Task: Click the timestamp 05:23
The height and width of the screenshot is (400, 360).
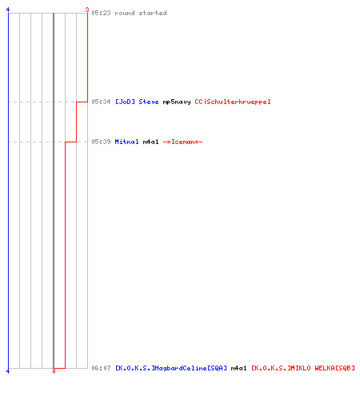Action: tap(101, 13)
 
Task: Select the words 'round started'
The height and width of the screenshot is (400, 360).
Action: tap(141, 13)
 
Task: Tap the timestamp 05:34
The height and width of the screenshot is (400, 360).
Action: tap(101, 102)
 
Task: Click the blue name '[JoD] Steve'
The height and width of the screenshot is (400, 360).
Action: tap(137, 102)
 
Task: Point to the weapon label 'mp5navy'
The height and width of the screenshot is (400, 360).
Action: tap(177, 102)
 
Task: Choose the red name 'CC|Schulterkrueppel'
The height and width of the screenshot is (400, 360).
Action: tap(233, 102)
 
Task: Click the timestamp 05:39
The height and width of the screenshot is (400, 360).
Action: tap(101, 142)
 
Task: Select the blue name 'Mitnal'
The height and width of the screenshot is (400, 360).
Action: tap(126, 142)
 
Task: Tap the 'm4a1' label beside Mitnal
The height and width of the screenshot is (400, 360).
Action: tap(151, 142)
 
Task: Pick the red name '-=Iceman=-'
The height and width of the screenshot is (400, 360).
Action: tap(183, 142)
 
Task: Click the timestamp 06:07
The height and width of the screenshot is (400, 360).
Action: tap(101, 368)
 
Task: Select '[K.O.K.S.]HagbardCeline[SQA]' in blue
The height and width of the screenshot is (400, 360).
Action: tap(171, 368)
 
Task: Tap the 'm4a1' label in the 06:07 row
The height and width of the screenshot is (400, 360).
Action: tap(239, 368)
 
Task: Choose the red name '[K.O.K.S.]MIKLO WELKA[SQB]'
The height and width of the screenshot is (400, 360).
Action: tap(303, 368)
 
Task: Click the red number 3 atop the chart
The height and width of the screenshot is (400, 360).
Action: tap(87, 10)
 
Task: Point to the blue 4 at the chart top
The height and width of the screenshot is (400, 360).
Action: tap(8, 10)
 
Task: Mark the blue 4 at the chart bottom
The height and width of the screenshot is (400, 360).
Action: tap(8, 371)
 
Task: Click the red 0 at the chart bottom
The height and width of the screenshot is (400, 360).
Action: tap(54, 371)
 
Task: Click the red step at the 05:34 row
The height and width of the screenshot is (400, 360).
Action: tap(82, 102)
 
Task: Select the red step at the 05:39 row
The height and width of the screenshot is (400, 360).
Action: tap(71, 142)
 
